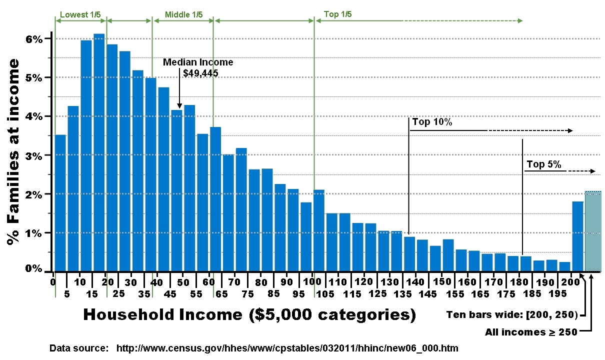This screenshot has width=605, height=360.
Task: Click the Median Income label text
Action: (x=198, y=62)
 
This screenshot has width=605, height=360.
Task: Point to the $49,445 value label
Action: (x=200, y=73)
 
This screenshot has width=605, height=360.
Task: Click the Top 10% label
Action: (x=432, y=122)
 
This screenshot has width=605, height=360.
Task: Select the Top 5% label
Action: (x=544, y=164)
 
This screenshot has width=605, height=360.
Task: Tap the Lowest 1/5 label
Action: (x=80, y=14)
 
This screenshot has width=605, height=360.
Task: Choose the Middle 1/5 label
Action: (x=184, y=14)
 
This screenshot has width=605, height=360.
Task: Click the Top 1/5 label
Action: (x=338, y=14)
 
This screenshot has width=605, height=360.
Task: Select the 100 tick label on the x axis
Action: (x=312, y=281)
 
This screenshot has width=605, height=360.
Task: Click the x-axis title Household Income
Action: (x=249, y=314)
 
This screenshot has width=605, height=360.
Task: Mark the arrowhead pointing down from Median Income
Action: (x=179, y=105)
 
